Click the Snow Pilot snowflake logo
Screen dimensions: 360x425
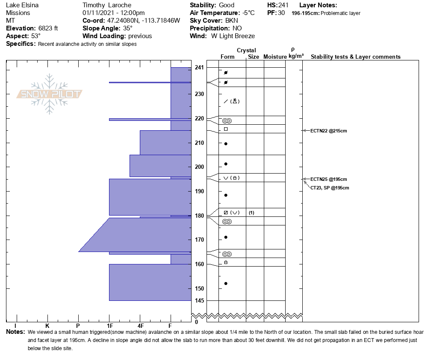pos(50,94)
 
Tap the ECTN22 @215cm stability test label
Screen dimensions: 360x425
pos(328,131)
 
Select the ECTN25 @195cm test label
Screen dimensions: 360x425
pos(328,179)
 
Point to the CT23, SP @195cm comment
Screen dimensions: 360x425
pos(330,188)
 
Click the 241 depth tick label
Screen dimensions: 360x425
pos(199,68)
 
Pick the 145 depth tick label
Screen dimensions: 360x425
pos(199,300)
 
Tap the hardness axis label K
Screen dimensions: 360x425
pos(47,326)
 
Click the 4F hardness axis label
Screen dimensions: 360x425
pos(140,326)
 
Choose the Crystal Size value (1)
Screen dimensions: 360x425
pos(251,213)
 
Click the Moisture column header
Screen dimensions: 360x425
pos(275,57)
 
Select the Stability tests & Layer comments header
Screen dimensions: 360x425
pos(355,57)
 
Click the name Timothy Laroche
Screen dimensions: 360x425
pos(107,5)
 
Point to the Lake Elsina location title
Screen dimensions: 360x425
pos(22,5)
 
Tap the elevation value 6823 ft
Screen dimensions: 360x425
pos(48,28)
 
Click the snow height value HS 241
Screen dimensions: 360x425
pos(283,5)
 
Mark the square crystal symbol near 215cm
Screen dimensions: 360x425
pos(226,129)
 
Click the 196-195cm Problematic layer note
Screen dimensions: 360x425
pos(326,13)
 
